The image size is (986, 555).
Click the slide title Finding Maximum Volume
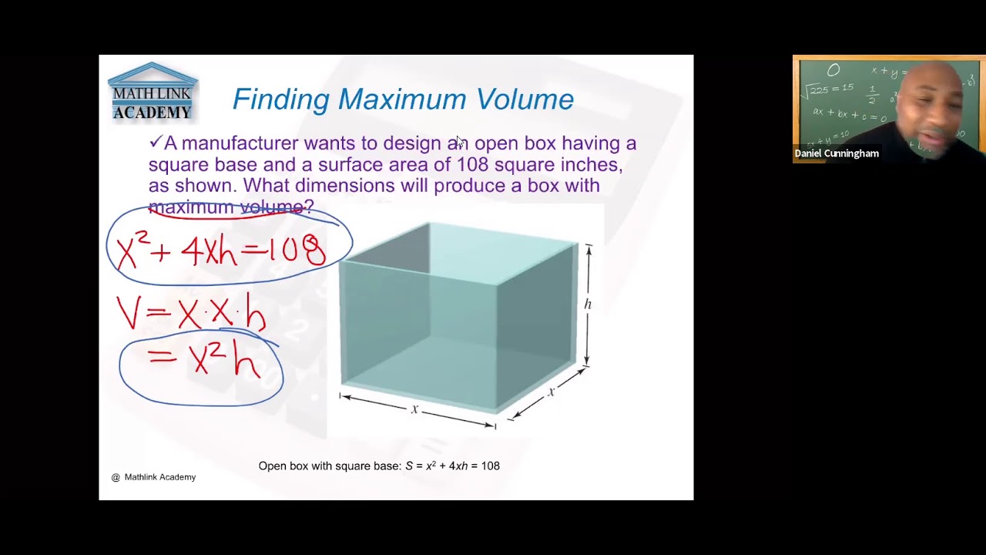pos(403,99)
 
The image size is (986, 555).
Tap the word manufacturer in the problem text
pos(240,143)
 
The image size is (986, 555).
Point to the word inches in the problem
pos(591,165)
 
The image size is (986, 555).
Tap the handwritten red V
pos(129,312)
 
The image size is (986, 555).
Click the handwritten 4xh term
pos(209,251)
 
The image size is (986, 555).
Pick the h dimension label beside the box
pos(588,304)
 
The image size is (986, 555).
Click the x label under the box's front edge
pos(414,409)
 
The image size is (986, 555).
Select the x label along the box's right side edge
pos(552,392)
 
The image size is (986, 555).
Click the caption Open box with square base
pos(330,466)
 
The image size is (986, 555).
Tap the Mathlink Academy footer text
pos(159,477)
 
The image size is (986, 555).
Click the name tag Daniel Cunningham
pos(837,153)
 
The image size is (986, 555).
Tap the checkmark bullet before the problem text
pos(155,143)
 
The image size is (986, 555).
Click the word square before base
pos(175,165)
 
